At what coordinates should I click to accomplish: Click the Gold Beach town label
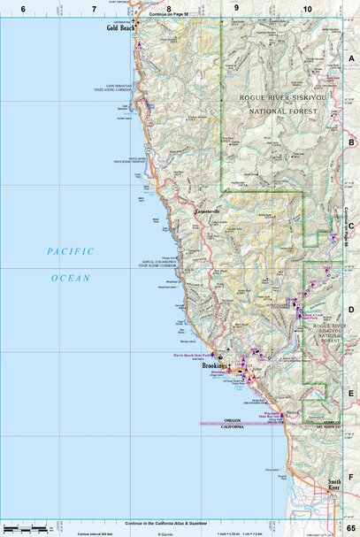click(120, 27)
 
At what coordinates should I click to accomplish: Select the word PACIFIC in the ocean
click(70, 252)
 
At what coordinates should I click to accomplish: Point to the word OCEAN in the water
click(70, 278)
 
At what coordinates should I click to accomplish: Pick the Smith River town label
click(327, 487)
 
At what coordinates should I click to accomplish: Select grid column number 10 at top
click(306, 8)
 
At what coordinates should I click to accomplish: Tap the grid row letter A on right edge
click(351, 58)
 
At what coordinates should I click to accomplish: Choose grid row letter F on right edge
click(351, 475)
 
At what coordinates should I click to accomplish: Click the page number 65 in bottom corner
click(351, 527)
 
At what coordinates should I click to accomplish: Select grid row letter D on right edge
click(351, 310)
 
